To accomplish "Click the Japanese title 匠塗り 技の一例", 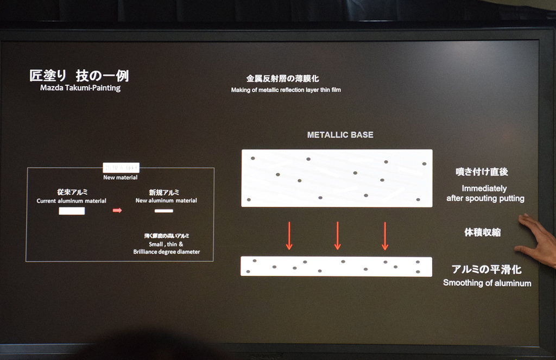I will coord(79,75).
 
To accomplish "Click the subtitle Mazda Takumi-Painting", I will coord(80,88).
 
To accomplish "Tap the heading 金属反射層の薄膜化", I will coord(282,79).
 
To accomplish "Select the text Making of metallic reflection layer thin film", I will coord(286,90).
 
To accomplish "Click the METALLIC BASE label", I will coord(340,135).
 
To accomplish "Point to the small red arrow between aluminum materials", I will coord(117,210).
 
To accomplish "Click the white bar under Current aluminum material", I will coord(72,211).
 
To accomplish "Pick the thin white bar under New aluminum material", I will coord(163,211).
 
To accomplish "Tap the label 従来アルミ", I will coord(72,192).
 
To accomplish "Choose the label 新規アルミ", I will coord(164,192).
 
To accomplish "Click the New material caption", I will coord(121,177).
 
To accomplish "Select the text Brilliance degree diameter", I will coord(166,252).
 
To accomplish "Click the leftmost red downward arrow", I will coord(289,236).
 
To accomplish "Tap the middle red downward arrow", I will coord(337,236).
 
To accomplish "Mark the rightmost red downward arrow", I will coord(385,236).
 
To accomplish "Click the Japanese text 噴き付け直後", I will coord(482,172).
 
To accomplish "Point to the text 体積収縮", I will coord(482,232).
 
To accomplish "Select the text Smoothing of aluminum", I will coord(487,283).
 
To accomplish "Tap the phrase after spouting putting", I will coord(485,199).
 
